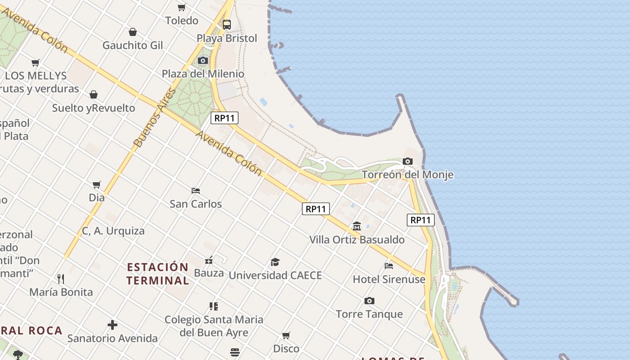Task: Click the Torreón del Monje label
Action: coord(407,175)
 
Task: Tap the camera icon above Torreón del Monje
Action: coord(407,161)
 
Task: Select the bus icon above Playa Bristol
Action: coord(227,24)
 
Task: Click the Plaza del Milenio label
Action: coord(203,74)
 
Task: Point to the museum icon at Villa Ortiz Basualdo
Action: coord(357,226)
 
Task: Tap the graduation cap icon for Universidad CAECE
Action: coord(275,262)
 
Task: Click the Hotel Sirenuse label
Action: coord(389,279)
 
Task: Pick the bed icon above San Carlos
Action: coord(196,190)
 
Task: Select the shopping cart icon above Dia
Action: coord(97,184)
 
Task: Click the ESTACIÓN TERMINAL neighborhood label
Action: coord(157,274)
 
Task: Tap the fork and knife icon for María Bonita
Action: coord(61,279)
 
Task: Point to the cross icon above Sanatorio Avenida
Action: coord(112,324)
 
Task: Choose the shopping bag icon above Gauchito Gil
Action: coord(133,32)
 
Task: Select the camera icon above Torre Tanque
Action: coord(369,301)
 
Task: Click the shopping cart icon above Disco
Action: coord(286,335)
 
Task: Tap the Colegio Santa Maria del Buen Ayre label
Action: coord(214,326)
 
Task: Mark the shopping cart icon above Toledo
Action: coord(182,7)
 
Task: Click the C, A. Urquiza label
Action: coord(113,231)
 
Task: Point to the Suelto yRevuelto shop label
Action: coord(94,108)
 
